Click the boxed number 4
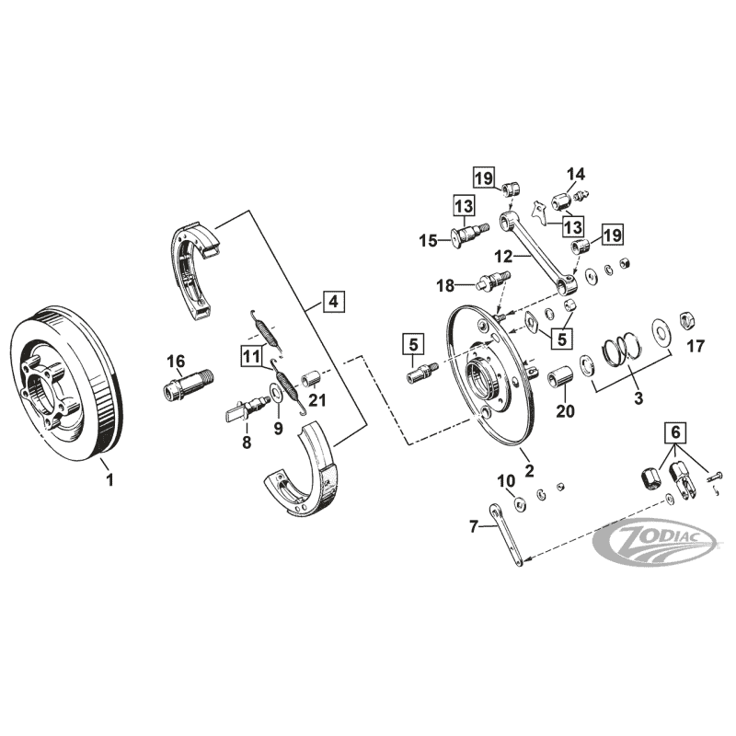pyautogui.click(x=333, y=302)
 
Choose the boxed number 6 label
pyautogui.click(x=676, y=431)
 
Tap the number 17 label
pyautogui.click(x=695, y=348)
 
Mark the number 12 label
pyautogui.click(x=528, y=257)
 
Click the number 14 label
pyautogui.click(x=575, y=174)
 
